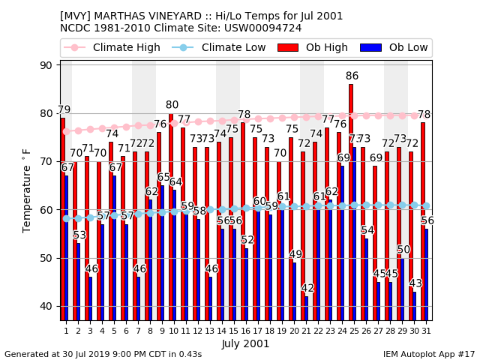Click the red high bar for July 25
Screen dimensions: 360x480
(x=350, y=202)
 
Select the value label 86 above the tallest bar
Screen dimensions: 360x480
(x=352, y=76)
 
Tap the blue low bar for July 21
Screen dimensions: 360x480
(x=306, y=308)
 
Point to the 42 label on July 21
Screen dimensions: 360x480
(x=307, y=288)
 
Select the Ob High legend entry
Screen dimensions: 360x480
(x=315, y=48)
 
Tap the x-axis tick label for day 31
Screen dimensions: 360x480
(x=426, y=330)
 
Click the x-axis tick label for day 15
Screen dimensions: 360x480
(x=234, y=330)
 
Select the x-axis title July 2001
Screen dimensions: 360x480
(x=245, y=343)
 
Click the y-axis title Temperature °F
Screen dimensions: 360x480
(x=27, y=190)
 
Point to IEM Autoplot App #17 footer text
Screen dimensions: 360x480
(x=429, y=354)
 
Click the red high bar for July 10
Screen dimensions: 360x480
(x=170, y=217)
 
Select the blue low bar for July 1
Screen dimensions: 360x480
(x=66, y=247)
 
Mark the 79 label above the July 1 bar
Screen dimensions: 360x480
(x=64, y=109)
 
